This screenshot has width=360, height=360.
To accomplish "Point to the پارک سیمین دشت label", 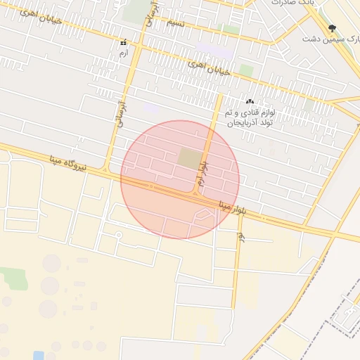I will (x=326, y=38).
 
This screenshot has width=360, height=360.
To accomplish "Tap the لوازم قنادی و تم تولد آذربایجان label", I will (x=251, y=117).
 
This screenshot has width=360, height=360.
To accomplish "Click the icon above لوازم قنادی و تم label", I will (x=250, y=102).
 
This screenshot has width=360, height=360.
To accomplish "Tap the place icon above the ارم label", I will (x=124, y=42).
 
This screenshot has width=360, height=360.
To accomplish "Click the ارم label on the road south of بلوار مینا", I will (x=240, y=237).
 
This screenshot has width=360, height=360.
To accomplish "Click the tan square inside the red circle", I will (x=188, y=158).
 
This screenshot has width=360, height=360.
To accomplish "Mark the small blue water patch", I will (x=50, y=356).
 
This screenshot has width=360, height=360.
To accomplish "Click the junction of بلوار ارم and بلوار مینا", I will (x=195, y=193).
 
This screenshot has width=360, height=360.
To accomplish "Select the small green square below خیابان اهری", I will (x=246, y=70).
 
